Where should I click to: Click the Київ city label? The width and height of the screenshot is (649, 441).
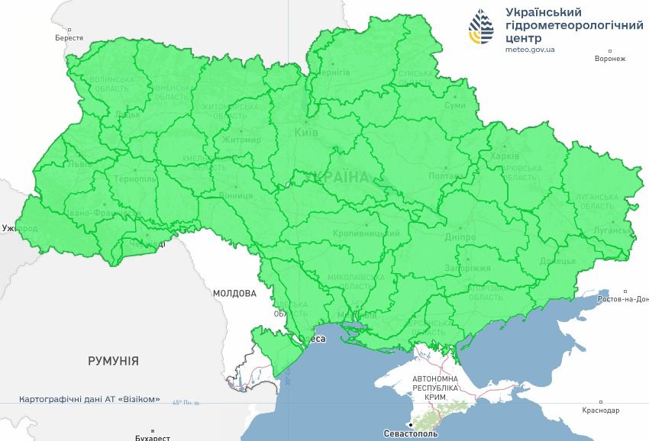click(x=306, y=134)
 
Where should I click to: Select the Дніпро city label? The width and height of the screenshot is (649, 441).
click(x=461, y=237)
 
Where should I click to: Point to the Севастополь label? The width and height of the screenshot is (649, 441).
click(x=411, y=433)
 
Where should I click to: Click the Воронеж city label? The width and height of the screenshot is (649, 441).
click(x=610, y=59)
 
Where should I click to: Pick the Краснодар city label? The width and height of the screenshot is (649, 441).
click(x=600, y=410)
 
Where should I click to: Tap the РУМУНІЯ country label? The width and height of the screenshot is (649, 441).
click(x=113, y=361)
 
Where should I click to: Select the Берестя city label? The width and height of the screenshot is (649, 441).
click(x=69, y=37)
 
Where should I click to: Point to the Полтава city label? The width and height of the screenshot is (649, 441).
click(x=444, y=175)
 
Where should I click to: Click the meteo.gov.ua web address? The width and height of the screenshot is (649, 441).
click(x=530, y=49)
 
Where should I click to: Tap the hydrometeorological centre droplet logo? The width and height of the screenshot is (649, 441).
click(x=481, y=29)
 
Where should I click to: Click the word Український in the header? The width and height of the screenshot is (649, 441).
click(x=544, y=12)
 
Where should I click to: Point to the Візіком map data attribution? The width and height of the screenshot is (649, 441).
click(x=90, y=399)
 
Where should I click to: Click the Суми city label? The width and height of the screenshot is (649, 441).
click(x=454, y=105)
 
